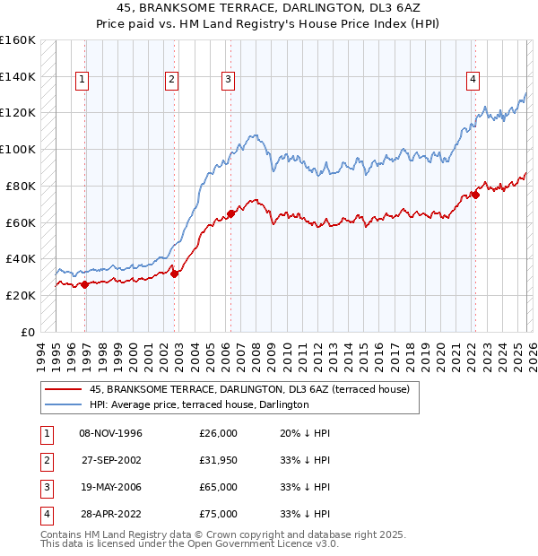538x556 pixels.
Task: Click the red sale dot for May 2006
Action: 230,213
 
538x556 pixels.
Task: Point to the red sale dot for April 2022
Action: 474,195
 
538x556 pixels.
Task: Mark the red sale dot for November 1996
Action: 85,284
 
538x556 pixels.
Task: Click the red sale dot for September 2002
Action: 175,274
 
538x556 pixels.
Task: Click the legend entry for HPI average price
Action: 199,404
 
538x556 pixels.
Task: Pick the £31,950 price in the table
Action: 218,460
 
